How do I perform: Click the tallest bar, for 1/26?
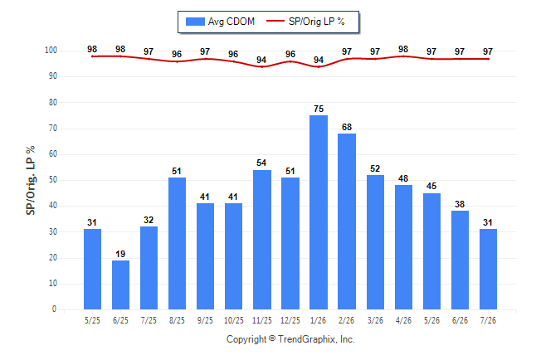point(319,212)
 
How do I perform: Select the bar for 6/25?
point(120,285)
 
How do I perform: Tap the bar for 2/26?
point(347,221)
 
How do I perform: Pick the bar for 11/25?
point(262,240)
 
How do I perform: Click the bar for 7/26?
point(488,269)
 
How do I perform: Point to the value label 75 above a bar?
point(319,109)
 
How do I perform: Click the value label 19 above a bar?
point(120,254)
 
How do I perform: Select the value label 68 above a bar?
point(347,127)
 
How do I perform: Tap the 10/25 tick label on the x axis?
point(234,320)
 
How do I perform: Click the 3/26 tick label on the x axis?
point(375,320)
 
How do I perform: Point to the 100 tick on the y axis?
point(51,51)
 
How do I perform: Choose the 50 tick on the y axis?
point(53,180)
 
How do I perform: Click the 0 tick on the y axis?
point(55,309)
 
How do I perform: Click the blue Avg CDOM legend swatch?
point(195,22)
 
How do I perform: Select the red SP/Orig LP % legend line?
point(275,22)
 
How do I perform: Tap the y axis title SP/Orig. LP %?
point(31,180)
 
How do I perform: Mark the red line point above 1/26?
point(319,66)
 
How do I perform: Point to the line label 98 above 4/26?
point(403,49)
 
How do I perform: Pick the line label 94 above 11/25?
point(261,60)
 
